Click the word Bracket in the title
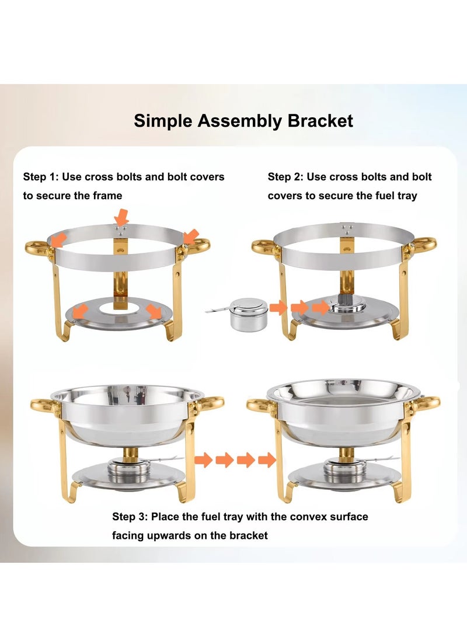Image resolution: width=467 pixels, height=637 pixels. coord(320,121)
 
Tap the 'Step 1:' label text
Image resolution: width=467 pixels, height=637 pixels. coord(41,177)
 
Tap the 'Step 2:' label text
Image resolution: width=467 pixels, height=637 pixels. coord(286,177)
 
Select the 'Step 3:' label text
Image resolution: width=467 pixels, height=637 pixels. coord(130,517)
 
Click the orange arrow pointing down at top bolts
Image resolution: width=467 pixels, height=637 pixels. coord(121,218)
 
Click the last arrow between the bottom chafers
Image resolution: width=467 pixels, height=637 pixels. coord(267,460)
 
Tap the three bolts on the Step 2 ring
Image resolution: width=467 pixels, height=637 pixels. coord(347,228)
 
